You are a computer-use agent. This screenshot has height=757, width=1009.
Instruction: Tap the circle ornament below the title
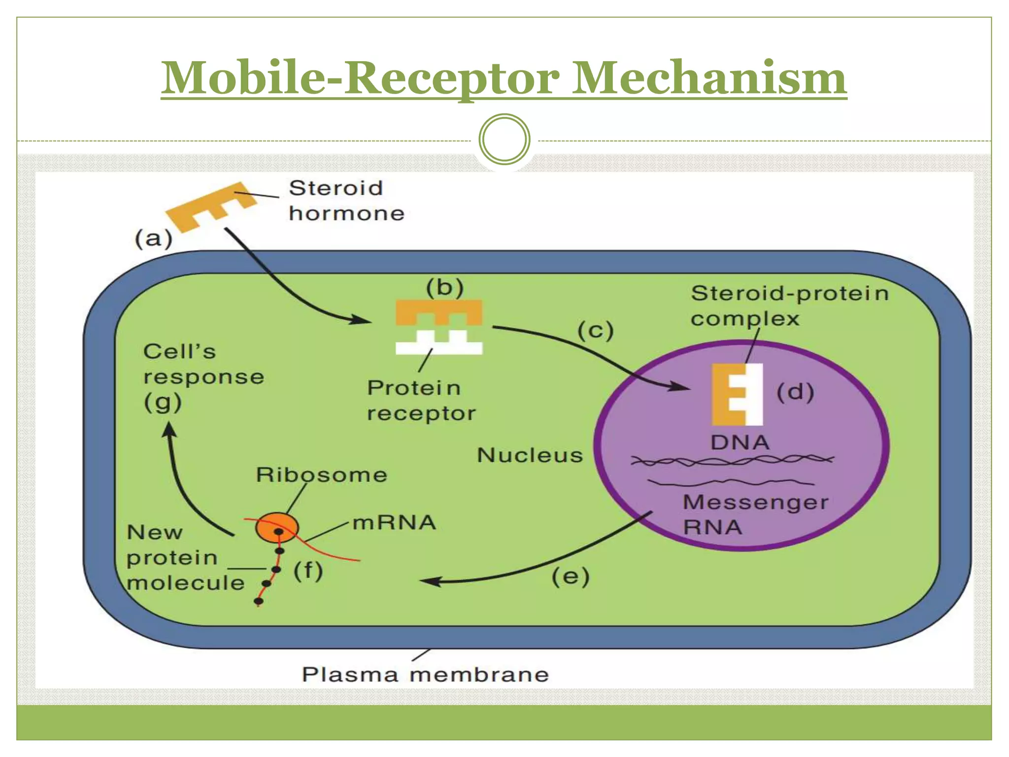click(x=504, y=139)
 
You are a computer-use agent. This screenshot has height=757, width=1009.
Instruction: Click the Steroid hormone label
click(x=346, y=201)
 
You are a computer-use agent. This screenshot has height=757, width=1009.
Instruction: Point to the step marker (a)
click(x=154, y=239)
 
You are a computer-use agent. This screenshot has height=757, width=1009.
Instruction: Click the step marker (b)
click(x=444, y=287)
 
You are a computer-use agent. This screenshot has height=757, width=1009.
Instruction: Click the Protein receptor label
click(x=420, y=400)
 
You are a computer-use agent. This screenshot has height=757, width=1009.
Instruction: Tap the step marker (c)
click(x=595, y=330)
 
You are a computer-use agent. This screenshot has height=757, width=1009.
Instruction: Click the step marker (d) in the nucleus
click(x=795, y=392)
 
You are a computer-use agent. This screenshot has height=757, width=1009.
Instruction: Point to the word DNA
click(x=740, y=442)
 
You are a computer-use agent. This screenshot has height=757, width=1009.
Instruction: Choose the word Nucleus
click(x=530, y=455)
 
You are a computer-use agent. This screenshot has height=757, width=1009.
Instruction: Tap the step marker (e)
click(x=570, y=576)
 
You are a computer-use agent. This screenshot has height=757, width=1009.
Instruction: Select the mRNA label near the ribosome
click(x=394, y=522)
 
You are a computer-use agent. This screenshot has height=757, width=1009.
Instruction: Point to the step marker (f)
click(x=308, y=571)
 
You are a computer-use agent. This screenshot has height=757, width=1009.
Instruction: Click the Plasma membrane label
click(x=425, y=674)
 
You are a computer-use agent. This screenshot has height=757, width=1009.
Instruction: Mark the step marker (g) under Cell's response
click(x=163, y=403)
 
